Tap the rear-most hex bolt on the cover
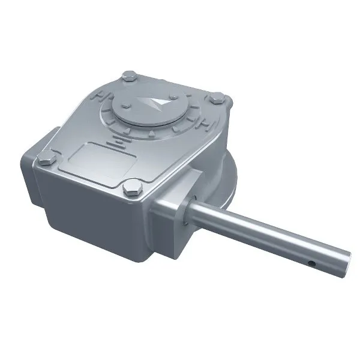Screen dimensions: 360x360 [x=129, y=76]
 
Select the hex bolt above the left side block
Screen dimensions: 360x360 [x=46, y=159]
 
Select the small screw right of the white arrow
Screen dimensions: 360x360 [x=173, y=97]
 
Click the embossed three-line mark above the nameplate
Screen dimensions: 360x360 [x=118, y=140]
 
